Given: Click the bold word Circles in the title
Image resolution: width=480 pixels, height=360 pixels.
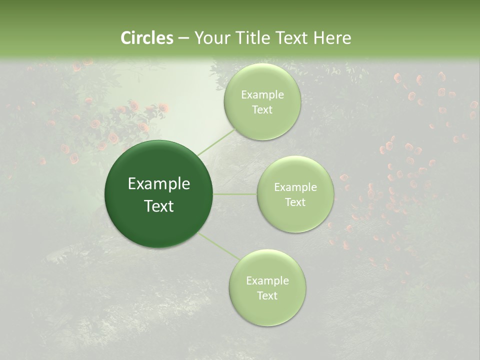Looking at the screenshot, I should pos(146,38).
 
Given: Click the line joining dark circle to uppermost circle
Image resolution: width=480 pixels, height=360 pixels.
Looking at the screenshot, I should pos(216,141).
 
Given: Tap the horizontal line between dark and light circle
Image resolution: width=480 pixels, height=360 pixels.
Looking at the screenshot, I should pos(235,194).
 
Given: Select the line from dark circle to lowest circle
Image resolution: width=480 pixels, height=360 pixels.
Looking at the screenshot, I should pos(218,245).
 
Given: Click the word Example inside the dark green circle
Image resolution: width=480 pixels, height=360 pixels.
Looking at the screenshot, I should pos(158,184).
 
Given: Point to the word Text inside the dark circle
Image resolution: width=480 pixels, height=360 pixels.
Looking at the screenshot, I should pos(158,206).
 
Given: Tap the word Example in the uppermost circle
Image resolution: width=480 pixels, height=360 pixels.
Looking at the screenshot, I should pos(262,95).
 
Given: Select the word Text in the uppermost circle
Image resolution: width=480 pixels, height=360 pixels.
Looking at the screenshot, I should pos(262,110).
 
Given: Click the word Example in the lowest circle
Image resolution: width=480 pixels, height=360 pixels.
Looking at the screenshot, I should pos(267,281).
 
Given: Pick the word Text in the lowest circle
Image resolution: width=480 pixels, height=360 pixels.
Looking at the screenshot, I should pos(267,296).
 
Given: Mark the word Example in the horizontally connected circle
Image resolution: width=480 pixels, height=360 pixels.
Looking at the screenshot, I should pos(295,187).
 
